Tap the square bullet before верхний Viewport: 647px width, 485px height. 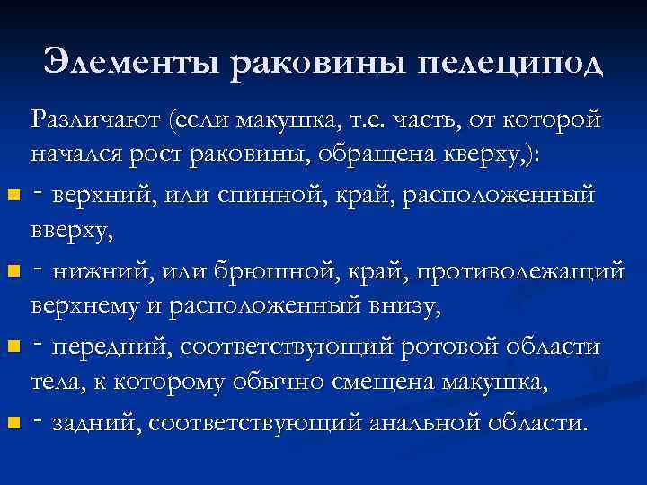tap(11, 195)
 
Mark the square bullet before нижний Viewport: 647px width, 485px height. tap(11, 270)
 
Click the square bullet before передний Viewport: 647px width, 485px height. tap(11, 346)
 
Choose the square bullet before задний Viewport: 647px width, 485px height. tap(11, 421)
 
